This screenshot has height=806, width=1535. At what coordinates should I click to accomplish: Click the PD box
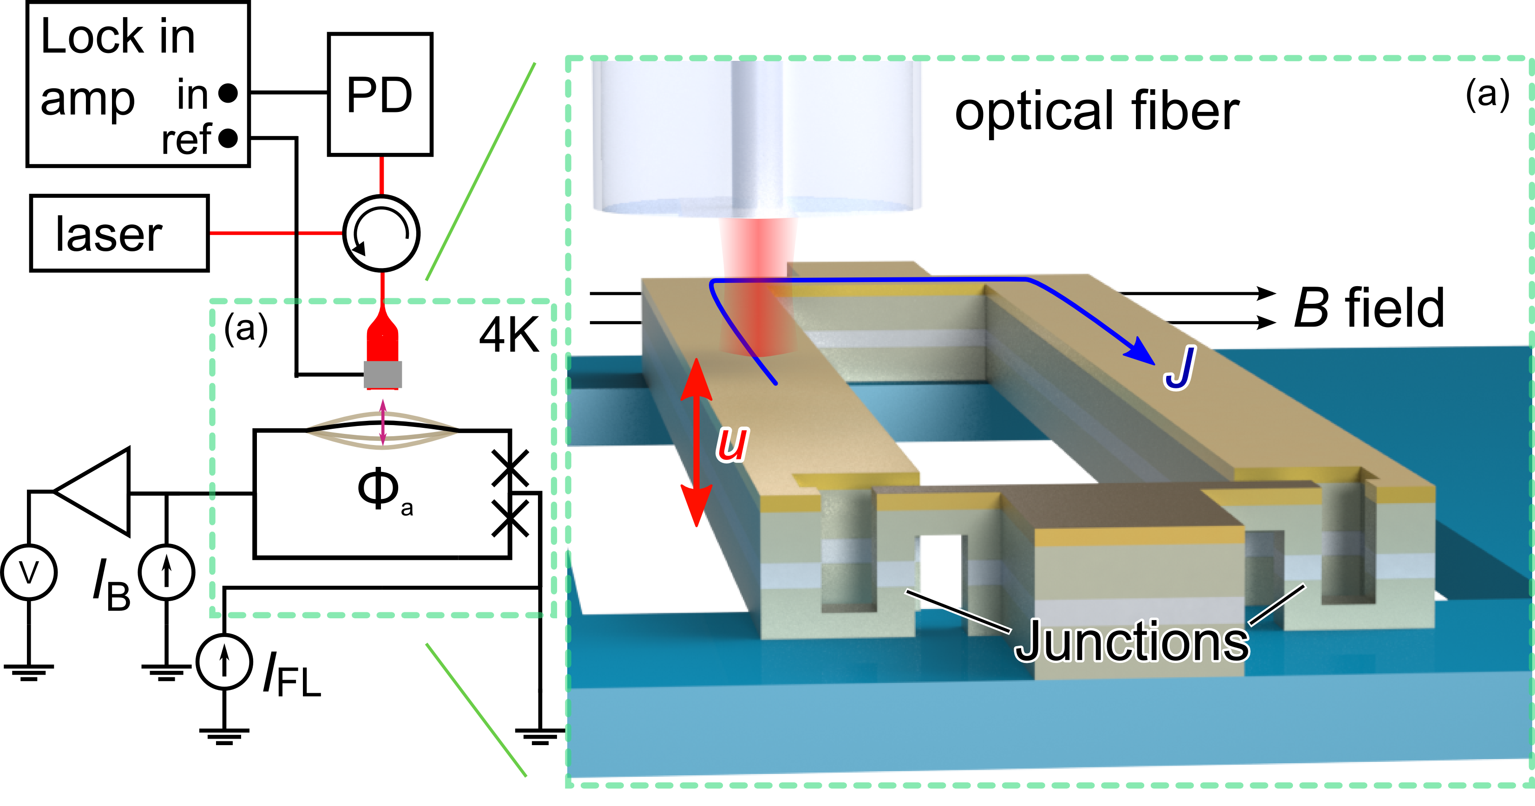(x=380, y=94)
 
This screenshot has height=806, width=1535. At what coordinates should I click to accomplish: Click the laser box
(x=119, y=233)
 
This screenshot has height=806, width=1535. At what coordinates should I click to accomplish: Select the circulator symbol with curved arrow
(x=381, y=233)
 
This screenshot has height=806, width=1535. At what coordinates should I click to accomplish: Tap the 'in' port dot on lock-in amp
(x=228, y=93)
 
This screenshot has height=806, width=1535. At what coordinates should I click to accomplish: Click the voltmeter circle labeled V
(x=29, y=572)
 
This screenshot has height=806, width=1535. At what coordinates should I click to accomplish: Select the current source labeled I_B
(x=166, y=572)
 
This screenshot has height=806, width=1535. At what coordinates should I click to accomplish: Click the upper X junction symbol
(x=510, y=468)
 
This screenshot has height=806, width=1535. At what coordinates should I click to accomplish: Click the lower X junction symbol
(x=510, y=518)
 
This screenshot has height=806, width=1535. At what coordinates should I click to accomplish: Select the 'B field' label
(x=1369, y=308)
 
